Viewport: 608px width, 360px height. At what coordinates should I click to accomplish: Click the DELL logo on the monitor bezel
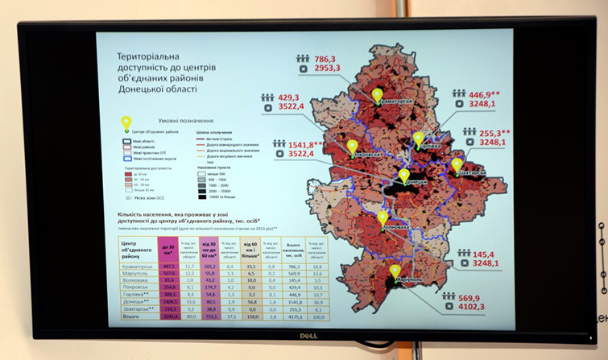pos(301,336)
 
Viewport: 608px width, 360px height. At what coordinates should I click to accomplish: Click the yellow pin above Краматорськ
pos(377,95)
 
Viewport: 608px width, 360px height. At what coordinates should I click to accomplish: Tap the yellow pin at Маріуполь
pos(395,272)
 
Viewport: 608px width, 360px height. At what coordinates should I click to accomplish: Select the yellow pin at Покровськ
pos(352,147)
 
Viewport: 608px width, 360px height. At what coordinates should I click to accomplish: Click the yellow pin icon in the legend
pos(126,122)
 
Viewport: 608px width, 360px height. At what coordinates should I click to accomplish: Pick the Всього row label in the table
pos(130,317)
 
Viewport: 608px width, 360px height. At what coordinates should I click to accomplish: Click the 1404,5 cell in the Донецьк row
pos(170,302)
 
